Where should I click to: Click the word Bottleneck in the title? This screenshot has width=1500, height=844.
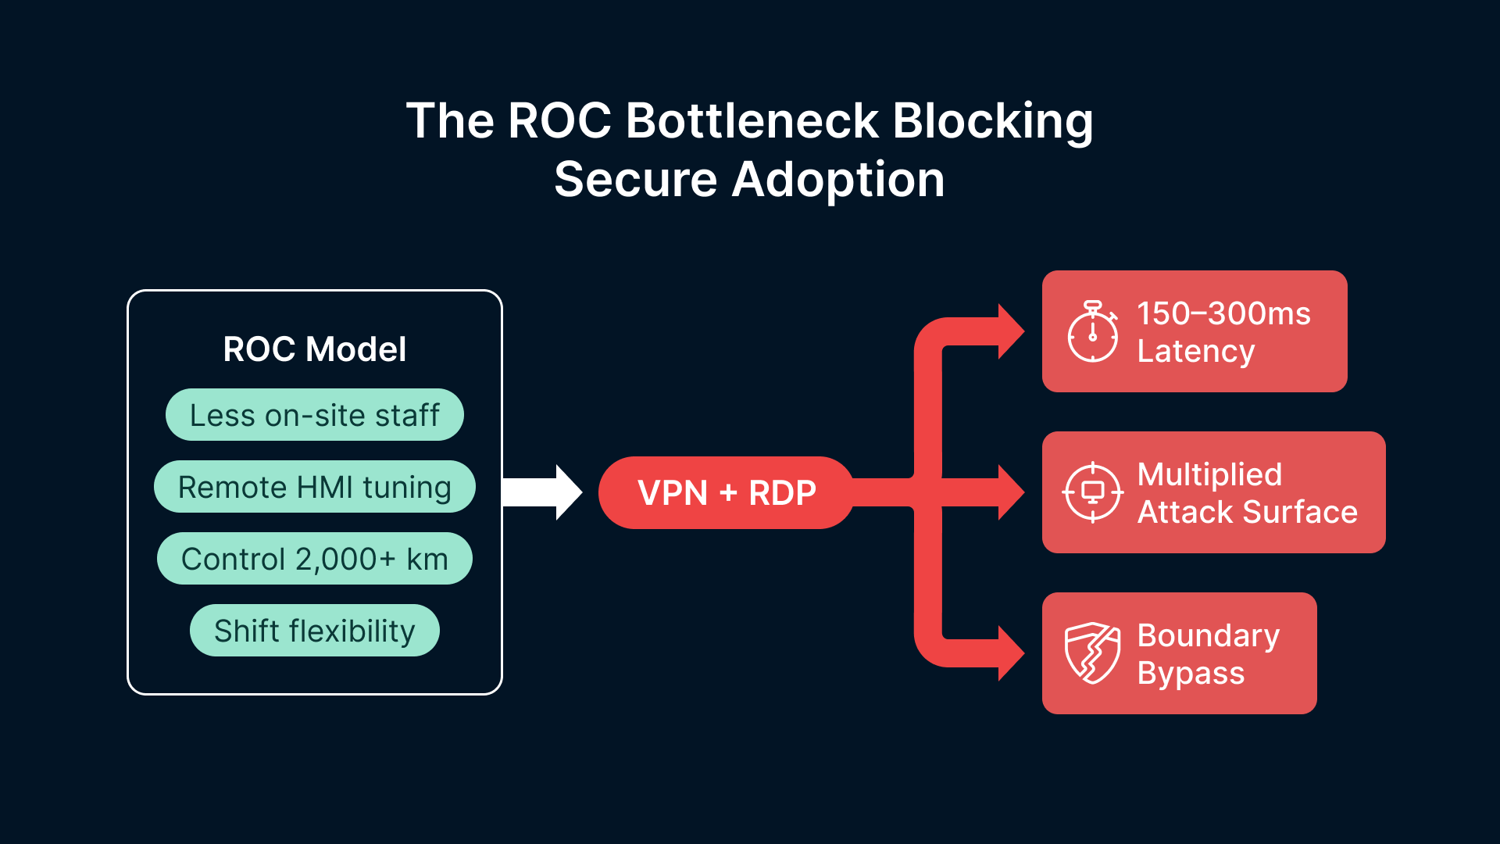coord(752,121)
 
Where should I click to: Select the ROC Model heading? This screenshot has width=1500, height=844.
coord(314,349)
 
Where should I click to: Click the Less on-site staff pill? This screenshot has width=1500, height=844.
coord(314,415)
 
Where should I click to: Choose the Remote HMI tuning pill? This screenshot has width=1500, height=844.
coord(314,487)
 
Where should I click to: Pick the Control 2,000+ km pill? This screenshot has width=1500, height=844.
coord(314,559)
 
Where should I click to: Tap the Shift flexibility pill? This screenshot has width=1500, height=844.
coord(314,631)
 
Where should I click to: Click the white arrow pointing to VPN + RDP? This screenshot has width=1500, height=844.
coord(543,492)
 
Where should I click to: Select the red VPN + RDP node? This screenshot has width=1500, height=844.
coord(727,492)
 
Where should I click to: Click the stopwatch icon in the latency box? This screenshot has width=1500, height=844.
coord(1092,333)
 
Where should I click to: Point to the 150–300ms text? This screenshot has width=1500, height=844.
coord(1223,313)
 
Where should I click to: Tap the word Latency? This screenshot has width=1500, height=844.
coord(1195,351)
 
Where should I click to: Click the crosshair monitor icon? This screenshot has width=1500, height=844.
coord(1092,492)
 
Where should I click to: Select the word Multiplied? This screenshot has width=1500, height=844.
coord(1209,474)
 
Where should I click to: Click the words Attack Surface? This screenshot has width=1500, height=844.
coord(1247,512)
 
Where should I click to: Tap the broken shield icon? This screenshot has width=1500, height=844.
coord(1092,653)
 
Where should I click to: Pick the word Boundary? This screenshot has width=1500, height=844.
coord(1208,635)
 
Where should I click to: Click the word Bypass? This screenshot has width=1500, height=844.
coord(1190,673)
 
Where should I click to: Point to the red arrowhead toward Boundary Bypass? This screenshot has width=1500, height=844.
coord(1011,653)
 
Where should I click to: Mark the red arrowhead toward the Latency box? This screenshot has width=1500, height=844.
coord(1011,331)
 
